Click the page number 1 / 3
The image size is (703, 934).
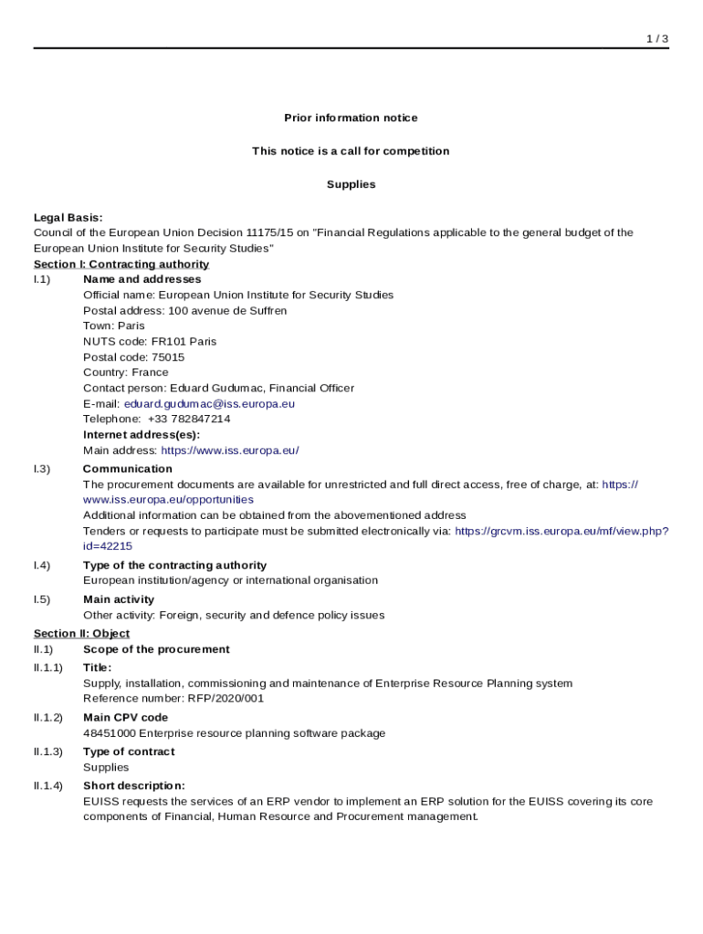coord(657,38)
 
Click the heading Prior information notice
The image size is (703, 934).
coord(351,118)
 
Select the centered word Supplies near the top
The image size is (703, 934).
coord(351,184)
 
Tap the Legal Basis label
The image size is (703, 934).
coord(68,217)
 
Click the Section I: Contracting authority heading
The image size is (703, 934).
coord(121,265)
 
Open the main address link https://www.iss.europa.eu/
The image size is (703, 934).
coord(230,451)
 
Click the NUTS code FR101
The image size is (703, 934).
coord(168,341)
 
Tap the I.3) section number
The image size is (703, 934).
coord(42,469)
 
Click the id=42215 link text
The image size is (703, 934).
coord(108,545)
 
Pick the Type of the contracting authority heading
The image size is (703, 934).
coord(174,566)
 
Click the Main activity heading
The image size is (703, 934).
coord(119,599)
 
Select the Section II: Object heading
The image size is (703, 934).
coord(82,633)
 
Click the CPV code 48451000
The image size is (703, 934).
coord(110,733)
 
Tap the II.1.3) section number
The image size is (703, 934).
coord(48,752)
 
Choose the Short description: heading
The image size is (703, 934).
coord(134,785)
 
